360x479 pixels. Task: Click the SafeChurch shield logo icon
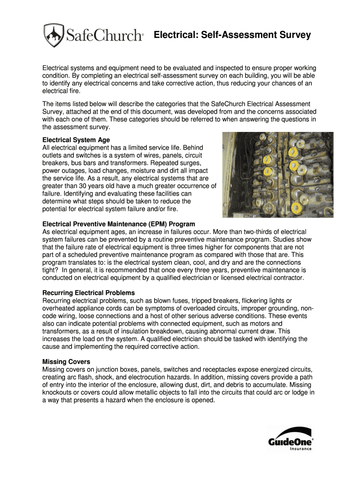[x=53, y=35]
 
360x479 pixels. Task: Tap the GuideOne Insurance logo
[x=290, y=439]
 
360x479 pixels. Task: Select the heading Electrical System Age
[x=76, y=140]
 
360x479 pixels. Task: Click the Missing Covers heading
[x=66, y=362]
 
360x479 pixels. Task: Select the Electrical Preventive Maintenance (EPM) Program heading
[x=119, y=224]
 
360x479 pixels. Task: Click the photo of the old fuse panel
[x=278, y=174]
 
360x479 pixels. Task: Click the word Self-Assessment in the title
[x=237, y=35]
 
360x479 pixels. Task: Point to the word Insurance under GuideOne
[x=301, y=448]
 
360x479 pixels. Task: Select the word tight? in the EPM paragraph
[x=50, y=270]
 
